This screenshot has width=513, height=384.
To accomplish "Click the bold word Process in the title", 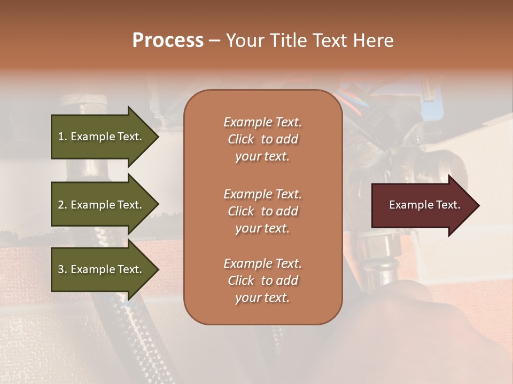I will coord(168,41).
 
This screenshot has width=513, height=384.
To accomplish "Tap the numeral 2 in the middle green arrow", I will coord(61,205).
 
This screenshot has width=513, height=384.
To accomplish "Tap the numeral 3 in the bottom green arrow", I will coord(61,269).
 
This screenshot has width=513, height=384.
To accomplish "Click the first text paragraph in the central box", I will coord(262,139).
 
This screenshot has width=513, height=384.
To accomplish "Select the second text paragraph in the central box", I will coord(262,211).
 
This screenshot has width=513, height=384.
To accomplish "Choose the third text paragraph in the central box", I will coord(262,281).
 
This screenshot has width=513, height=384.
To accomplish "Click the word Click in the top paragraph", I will coord(241,139).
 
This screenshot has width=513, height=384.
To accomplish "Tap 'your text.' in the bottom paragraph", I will coord(262,298).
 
